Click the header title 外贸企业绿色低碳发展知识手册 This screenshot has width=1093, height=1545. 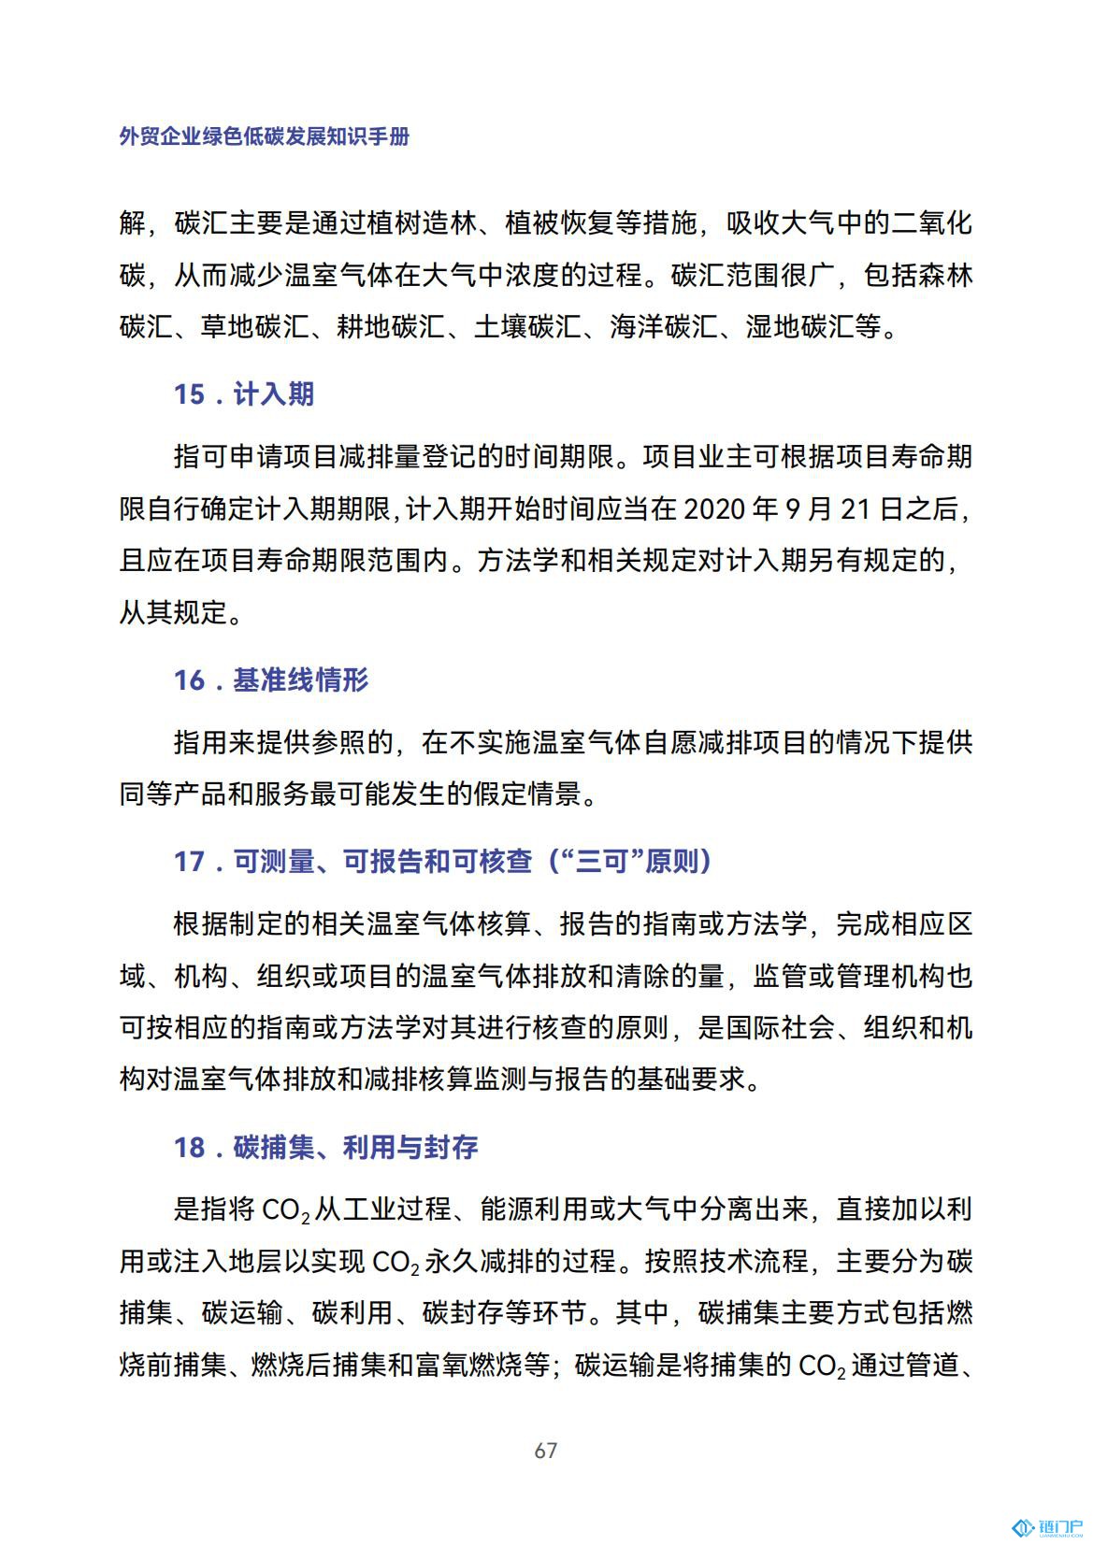point(265,136)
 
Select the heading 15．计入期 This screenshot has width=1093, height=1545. point(243,393)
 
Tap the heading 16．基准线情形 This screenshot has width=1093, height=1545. point(270,680)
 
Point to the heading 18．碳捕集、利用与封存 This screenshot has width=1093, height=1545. point(325,1147)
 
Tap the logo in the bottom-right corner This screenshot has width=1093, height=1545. point(1047,1527)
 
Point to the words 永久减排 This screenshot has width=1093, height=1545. point(479,1262)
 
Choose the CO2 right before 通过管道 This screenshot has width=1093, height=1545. point(822,1366)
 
